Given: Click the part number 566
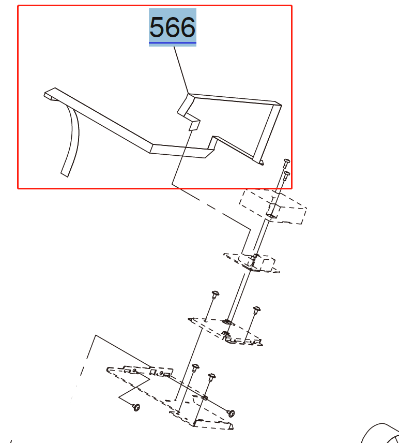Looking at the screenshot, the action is pos(173,27).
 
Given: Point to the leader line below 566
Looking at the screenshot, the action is pos(181,70).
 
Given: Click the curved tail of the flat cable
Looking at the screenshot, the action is pos(70,141).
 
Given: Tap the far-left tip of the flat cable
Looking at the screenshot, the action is pos(44,94).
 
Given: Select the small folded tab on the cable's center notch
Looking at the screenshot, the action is pos(194,125).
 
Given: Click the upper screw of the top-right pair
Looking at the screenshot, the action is pos(286,162).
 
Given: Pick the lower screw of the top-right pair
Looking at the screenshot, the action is pos(286,175).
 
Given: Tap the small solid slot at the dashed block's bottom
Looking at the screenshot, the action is pos(272,216).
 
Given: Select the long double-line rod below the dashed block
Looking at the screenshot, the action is pos(248,272).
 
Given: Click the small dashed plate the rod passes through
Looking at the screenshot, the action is pos(251,263).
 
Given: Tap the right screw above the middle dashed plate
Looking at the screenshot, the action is pos(256,309).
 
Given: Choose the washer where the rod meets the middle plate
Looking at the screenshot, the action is pos(227,322).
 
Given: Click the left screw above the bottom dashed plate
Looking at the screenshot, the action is pos(195,368).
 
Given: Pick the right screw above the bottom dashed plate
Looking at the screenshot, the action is pos(211,377).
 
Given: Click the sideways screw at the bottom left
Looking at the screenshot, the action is pos(136,407).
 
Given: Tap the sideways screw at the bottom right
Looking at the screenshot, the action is pos(231,414).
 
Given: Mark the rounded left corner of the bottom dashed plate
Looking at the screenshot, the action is pos(108,370).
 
